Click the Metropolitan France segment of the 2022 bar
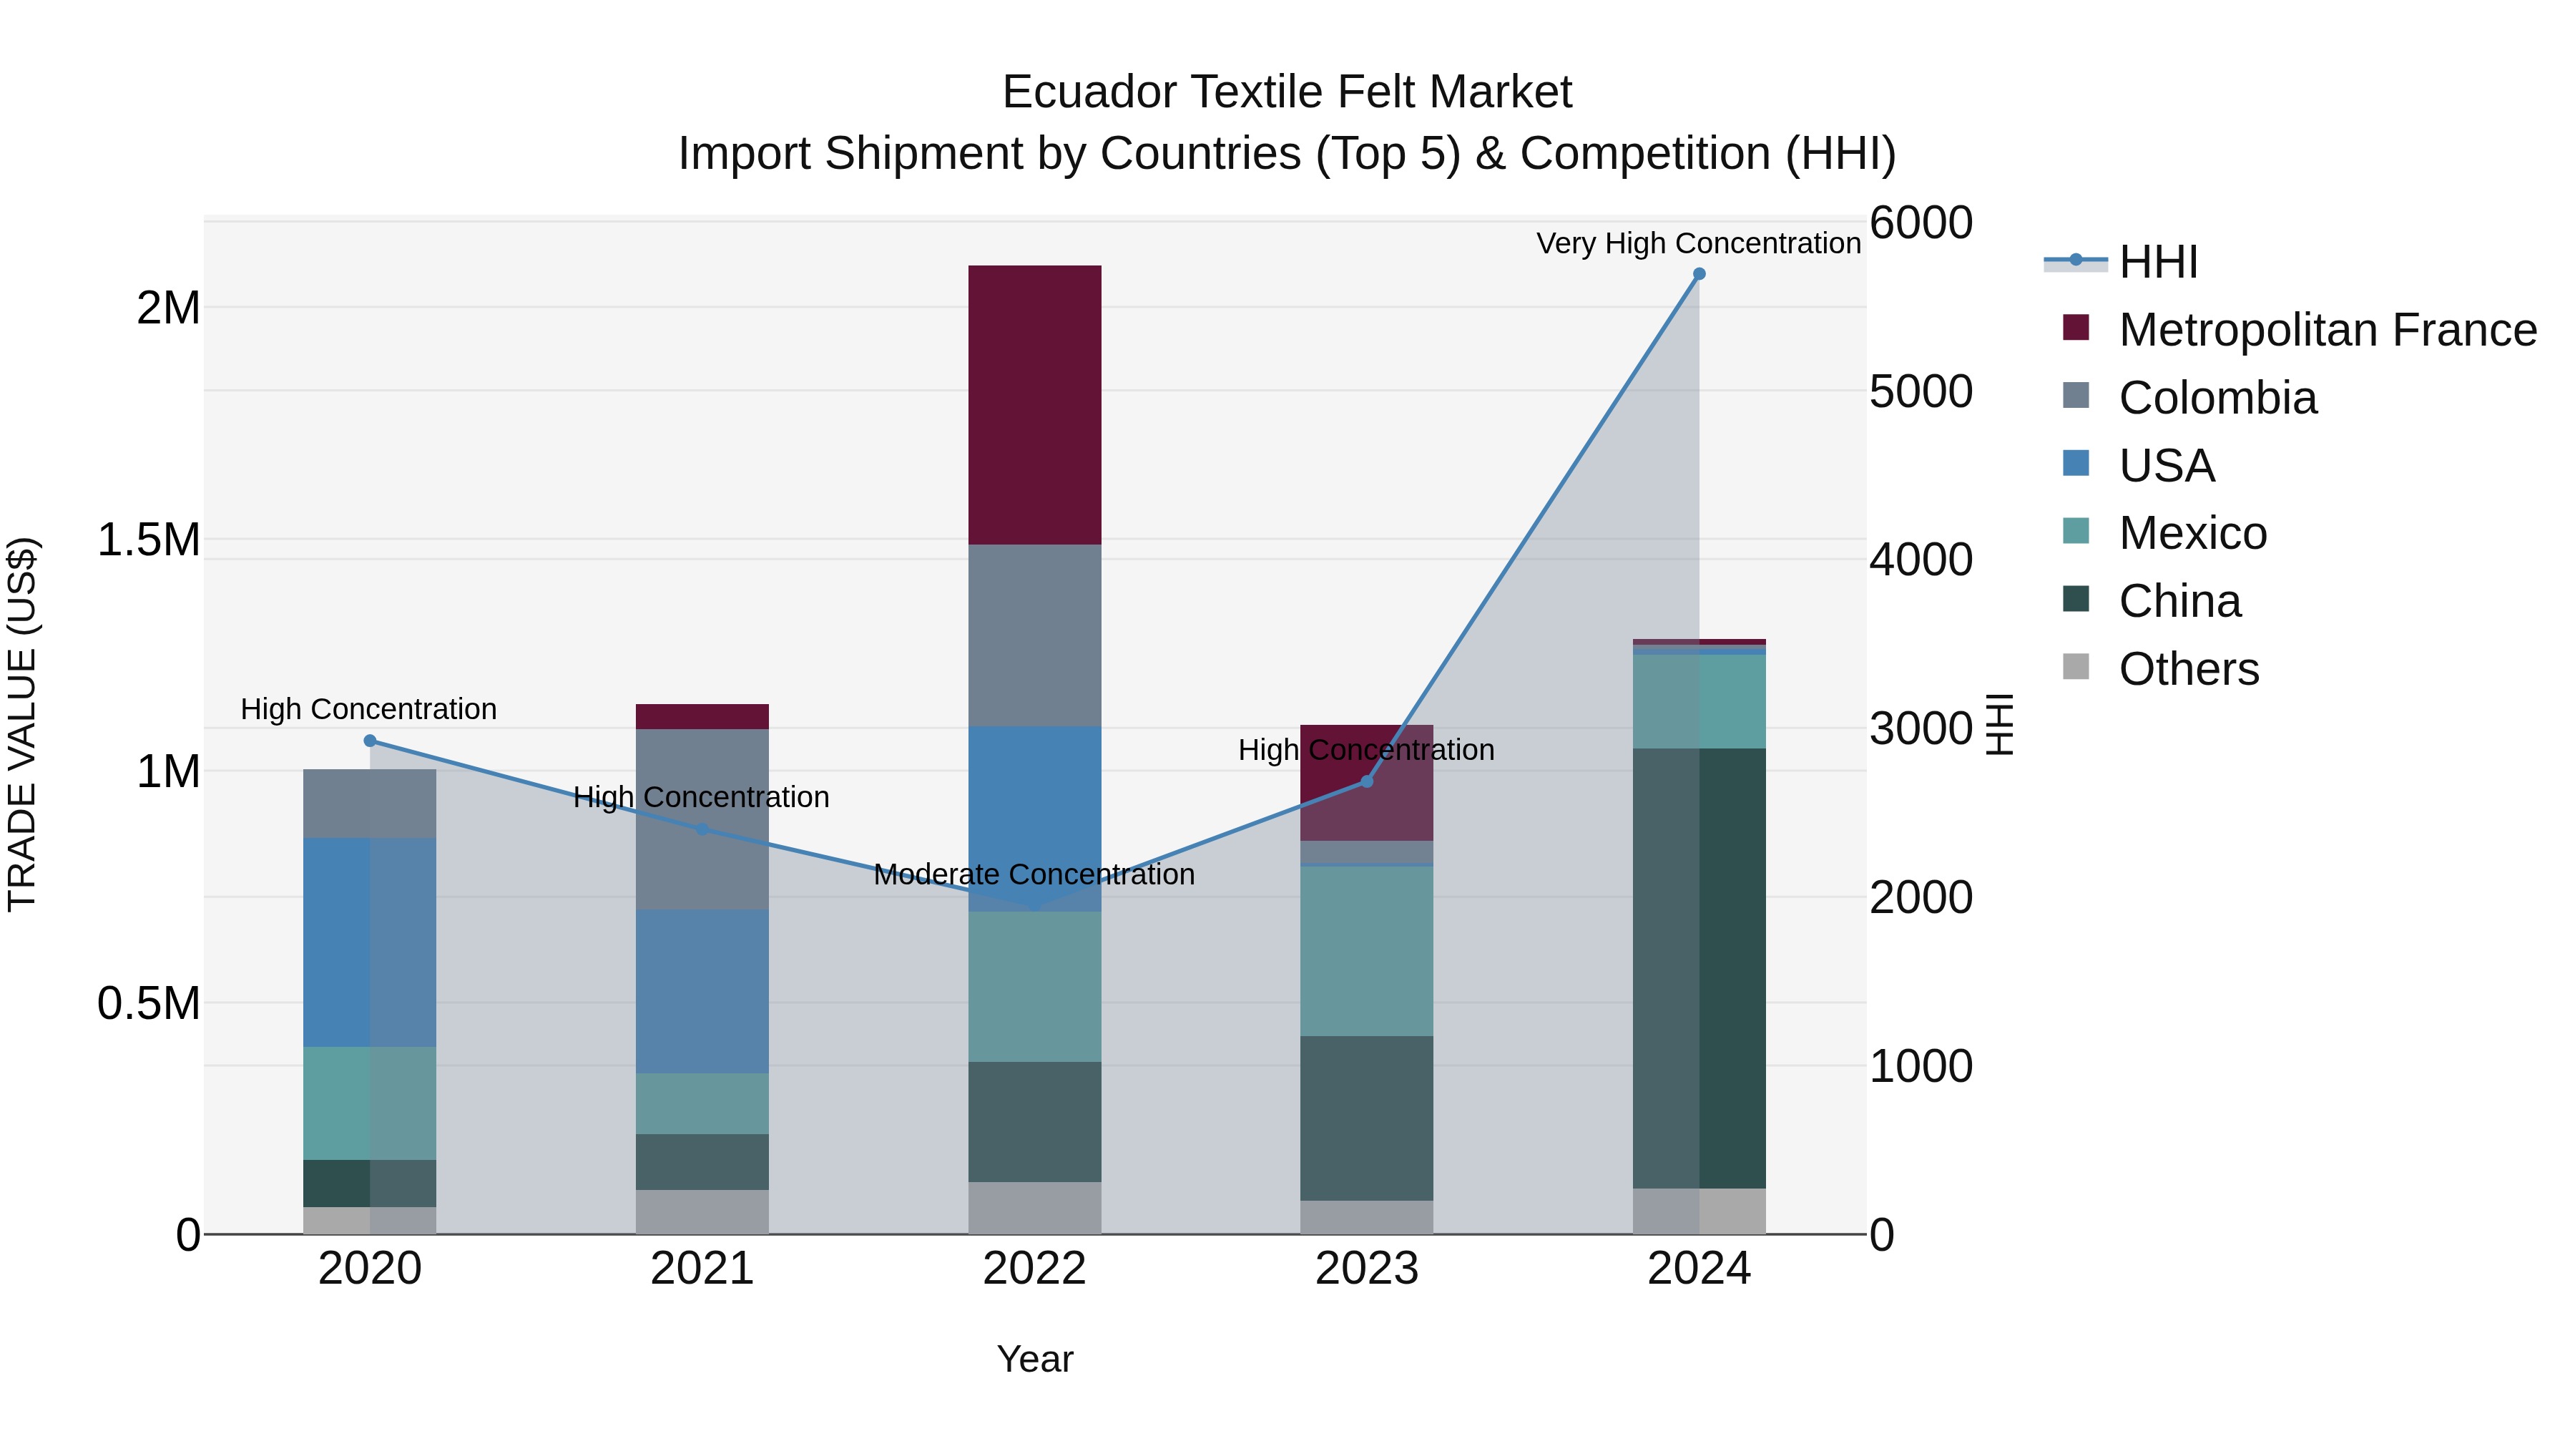pyautogui.click(x=1034, y=405)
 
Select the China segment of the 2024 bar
pyautogui.click(x=1699, y=968)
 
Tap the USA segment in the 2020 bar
pyautogui.click(x=370, y=942)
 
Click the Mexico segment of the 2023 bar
pyautogui.click(x=1366, y=950)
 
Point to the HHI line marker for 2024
pyautogui.click(x=1699, y=274)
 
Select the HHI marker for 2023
pyautogui.click(x=1366, y=781)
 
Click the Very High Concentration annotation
pyautogui.click(x=1697, y=244)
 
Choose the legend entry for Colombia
pyautogui.click(x=2217, y=398)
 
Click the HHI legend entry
pyautogui.click(x=2157, y=262)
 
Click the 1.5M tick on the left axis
pyautogui.click(x=148, y=540)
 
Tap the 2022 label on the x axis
pyautogui.click(x=1034, y=1269)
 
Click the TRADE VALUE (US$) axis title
pyautogui.click(x=23, y=724)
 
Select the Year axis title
pyautogui.click(x=1034, y=1359)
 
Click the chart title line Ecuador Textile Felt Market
pyautogui.click(x=1287, y=92)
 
